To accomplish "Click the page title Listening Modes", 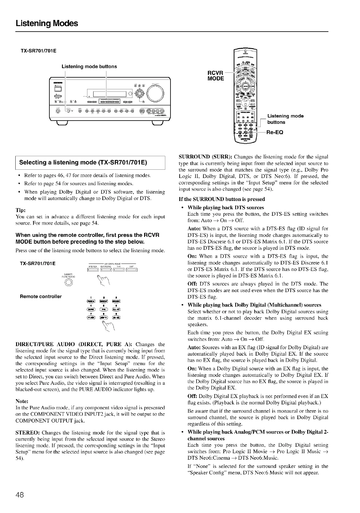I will [x=47, y=23].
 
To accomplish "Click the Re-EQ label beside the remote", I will [x=274, y=132].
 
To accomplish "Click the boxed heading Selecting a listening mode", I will [x=83, y=163].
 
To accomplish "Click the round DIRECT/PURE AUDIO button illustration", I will [x=69, y=283].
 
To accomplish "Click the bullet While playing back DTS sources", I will [x=225, y=207].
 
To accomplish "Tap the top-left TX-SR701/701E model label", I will [x=38, y=51].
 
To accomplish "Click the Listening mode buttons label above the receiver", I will [x=89, y=66].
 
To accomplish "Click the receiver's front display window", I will [x=110, y=94].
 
